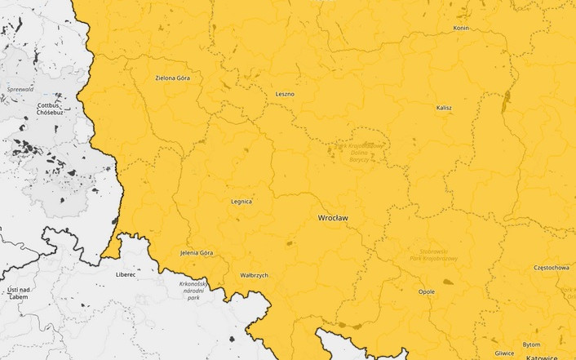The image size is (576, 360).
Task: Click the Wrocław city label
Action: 333,219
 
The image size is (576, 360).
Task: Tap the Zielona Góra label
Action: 172,78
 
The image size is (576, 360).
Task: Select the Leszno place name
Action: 285,94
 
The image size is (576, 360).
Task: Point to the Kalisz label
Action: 444,108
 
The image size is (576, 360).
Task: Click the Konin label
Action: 461,28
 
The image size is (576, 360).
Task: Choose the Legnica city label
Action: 241,201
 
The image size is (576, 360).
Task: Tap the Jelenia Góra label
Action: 197,253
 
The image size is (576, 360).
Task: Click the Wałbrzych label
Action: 255,276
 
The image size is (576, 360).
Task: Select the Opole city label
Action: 426,291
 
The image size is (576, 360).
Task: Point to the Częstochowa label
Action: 551,267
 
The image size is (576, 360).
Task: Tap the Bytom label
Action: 531,344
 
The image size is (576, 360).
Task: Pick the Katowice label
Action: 542,357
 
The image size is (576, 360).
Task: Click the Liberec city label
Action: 126,275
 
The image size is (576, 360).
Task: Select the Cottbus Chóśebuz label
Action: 49,109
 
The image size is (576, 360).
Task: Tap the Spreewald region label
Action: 20,88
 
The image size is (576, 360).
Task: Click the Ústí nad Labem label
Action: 18,293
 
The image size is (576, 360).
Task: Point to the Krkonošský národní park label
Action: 193,291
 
